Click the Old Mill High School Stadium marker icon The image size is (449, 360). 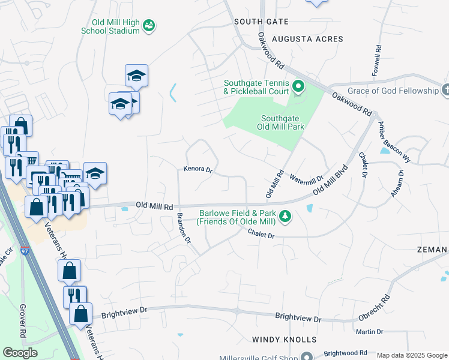coord(149,25)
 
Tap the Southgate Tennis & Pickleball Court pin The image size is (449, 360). coord(298,89)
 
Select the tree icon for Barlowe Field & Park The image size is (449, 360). coord(286,215)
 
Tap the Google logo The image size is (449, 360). coord(20,353)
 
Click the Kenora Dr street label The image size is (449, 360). coord(198,170)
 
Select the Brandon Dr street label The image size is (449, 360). coord(183,228)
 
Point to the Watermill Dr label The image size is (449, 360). coord(306,178)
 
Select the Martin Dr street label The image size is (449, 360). coord(369,331)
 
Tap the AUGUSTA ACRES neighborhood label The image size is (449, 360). coord(307,39)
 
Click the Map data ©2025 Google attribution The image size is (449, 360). coord(412,355)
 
